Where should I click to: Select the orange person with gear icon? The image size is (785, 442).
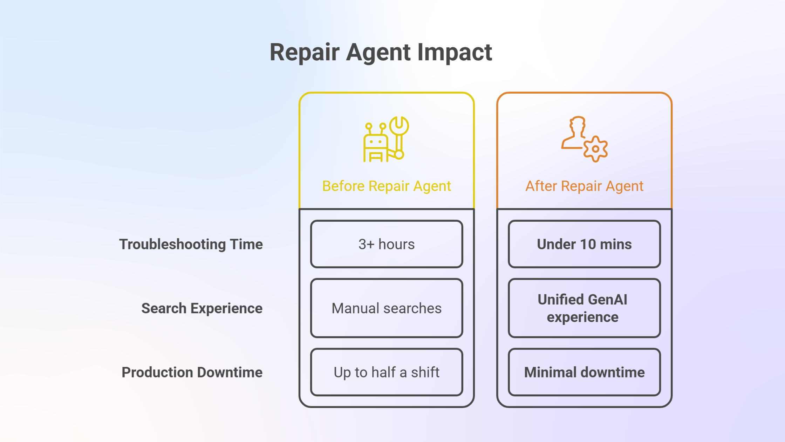[584, 139]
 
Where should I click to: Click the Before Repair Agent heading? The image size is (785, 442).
[387, 186]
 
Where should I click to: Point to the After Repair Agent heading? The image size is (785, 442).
[584, 186]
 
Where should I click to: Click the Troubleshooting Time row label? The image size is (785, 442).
[191, 245]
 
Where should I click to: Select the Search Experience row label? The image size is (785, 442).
[202, 309]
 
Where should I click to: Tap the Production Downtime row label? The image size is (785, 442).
[192, 372]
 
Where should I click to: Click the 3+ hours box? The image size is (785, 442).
[387, 244]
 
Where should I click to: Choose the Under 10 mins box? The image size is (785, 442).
[584, 244]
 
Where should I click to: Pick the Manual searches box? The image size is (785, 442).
[387, 308]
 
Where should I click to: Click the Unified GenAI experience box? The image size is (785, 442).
[584, 308]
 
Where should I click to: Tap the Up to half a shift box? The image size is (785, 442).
[387, 372]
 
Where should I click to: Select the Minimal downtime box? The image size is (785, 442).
[584, 372]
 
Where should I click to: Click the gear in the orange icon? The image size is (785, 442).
[596, 149]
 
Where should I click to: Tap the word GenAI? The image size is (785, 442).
[607, 300]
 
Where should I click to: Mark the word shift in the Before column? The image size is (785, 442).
[425, 372]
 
